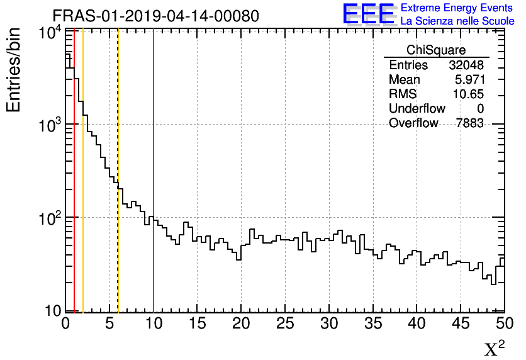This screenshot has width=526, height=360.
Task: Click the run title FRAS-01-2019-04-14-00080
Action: click(x=155, y=16)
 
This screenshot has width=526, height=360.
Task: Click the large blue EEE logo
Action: click(x=369, y=14)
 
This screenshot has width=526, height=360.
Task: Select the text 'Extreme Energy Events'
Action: click(x=457, y=8)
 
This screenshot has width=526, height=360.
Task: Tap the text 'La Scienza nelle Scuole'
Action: click(x=457, y=21)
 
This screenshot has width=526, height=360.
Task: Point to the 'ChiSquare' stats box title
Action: click(x=436, y=50)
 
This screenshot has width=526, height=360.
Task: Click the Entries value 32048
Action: click(x=466, y=65)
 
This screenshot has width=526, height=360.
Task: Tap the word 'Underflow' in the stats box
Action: click(x=417, y=109)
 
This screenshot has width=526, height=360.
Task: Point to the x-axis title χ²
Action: click(x=494, y=348)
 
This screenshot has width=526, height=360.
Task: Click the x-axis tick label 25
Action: click(x=286, y=323)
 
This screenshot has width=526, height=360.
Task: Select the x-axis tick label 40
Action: click(x=417, y=323)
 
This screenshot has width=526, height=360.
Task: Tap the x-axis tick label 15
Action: click(x=198, y=323)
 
